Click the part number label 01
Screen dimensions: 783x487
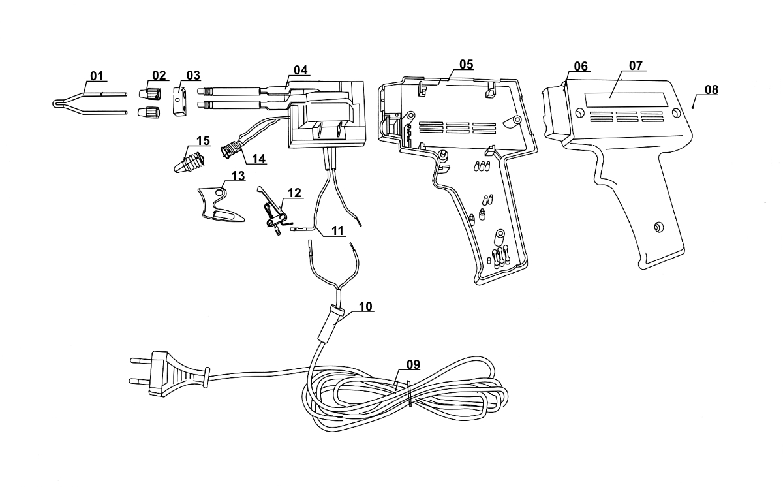[97, 76]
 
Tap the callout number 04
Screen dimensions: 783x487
[300, 70]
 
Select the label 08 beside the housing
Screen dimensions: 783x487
[711, 90]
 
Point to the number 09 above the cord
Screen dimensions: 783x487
[413, 365]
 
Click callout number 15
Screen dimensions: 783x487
[203, 140]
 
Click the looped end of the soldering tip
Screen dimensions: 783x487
[57, 103]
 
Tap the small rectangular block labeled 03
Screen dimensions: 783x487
[179, 101]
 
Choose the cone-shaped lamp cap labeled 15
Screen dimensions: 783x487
[189, 162]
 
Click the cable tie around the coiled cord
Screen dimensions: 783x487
[408, 393]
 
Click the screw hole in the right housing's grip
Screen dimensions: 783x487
[659, 227]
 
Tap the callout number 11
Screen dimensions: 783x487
[338, 230]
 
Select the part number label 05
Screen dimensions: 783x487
[467, 65]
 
